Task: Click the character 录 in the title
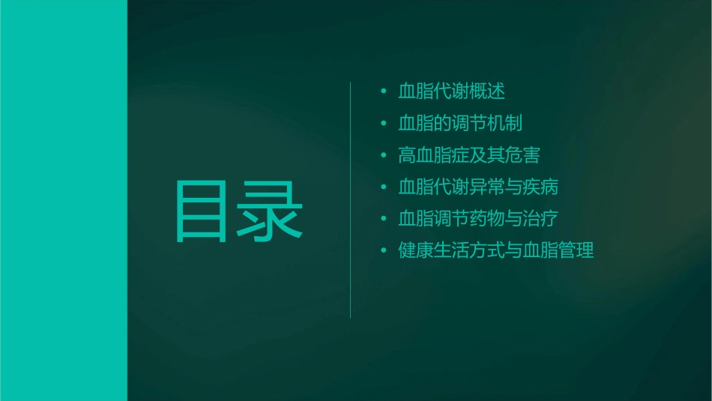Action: click(271, 211)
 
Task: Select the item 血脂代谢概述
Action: click(451, 91)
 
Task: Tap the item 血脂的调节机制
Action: click(460, 124)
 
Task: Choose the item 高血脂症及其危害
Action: click(469, 155)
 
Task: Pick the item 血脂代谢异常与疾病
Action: click(478, 187)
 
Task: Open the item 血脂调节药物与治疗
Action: click(478, 219)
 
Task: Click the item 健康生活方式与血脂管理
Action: click(496, 250)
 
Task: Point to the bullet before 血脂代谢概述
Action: click(383, 92)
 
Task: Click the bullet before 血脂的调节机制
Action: click(383, 124)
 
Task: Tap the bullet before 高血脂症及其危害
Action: click(383, 156)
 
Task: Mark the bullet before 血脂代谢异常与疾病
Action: click(383, 187)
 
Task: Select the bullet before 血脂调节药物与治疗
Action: click(383, 219)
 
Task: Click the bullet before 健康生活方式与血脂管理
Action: click(383, 251)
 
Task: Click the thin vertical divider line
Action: click(351, 200)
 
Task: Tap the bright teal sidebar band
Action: click(63, 200)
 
